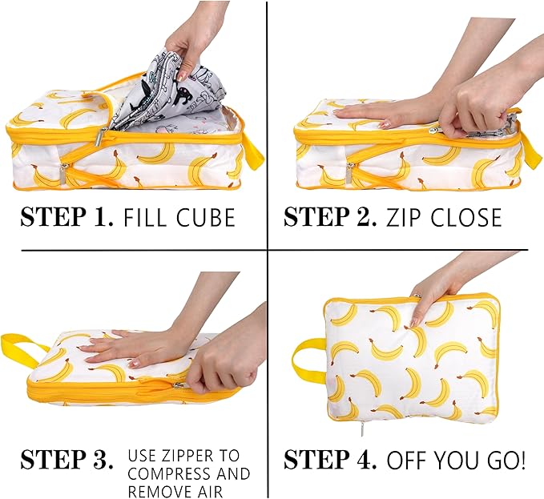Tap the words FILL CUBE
(179, 217)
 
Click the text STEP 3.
(66, 461)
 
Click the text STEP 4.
(330, 461)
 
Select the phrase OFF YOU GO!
(457, 461)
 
